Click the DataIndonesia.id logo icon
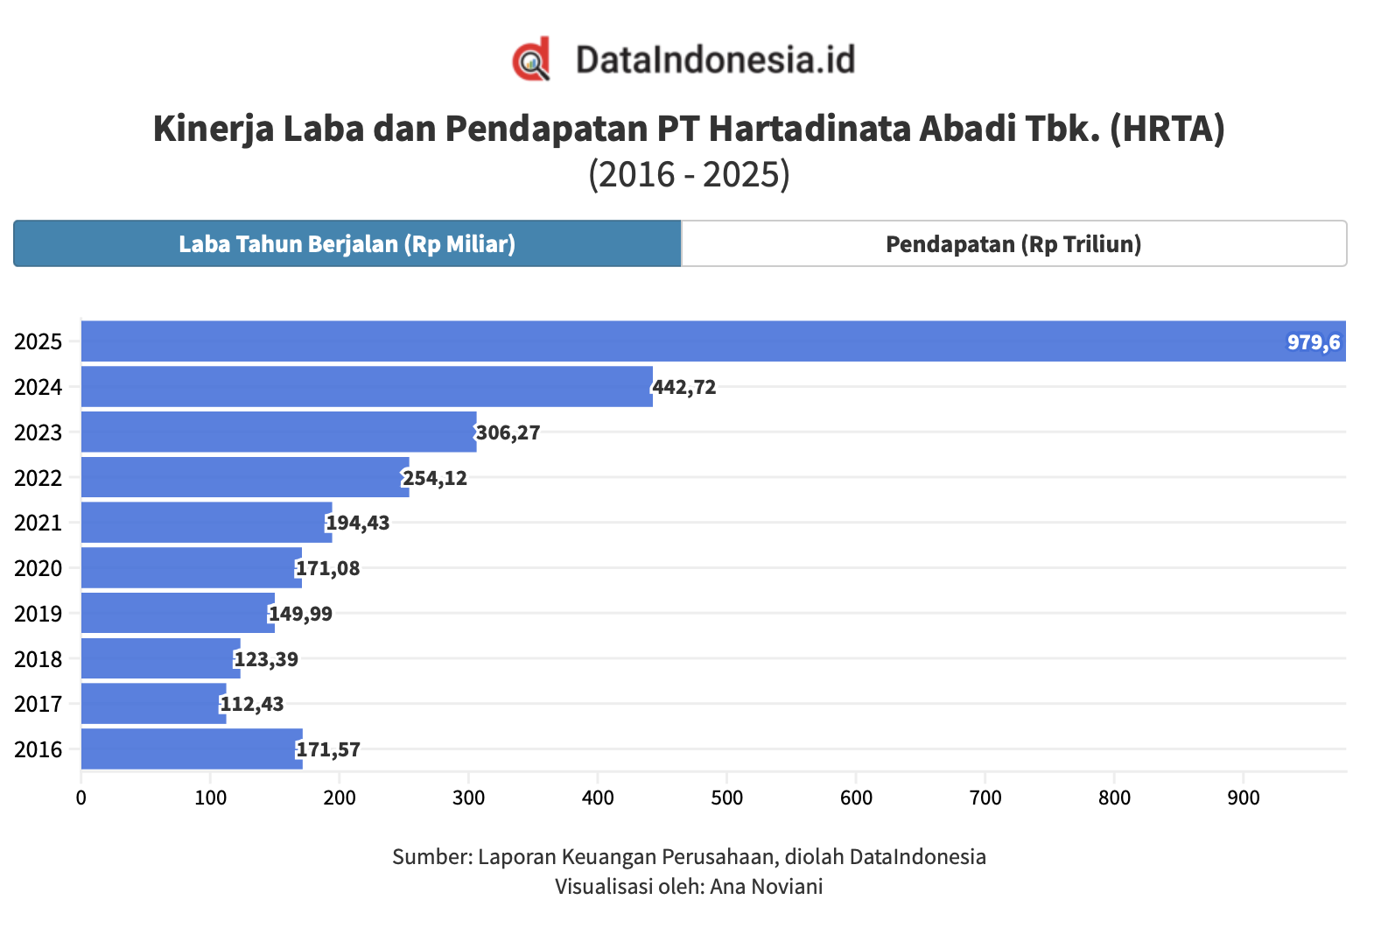tap(531, 60)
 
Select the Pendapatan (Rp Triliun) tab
tap(1013, 243)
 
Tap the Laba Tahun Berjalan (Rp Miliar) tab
tap(347, 243)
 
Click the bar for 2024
tap(367, 387)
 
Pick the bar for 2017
tap(153, 704)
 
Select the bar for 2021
tap(207, 523)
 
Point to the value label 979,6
tap(1313, 342)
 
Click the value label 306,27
tap(508, 432)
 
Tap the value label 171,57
tap(328, 749)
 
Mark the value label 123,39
tap(266, 659)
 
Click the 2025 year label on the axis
tap(39, 341)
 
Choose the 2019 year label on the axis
tap(39, 614)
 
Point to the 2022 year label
tap(39, 478)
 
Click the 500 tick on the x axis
tap(726, 798)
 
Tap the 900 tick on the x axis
tap(1243, 798)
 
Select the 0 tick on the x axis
tap(81, 798)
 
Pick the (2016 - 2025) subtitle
tap(689, 174)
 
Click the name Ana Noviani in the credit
tap(766, 886)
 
